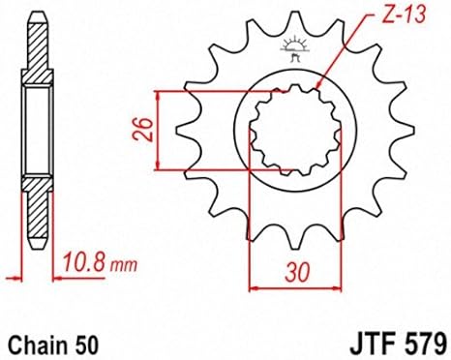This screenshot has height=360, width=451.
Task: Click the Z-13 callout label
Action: pyautogui.click(x=404, y=15)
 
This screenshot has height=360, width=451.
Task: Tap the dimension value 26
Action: pyautogui.click(x=142, y=130)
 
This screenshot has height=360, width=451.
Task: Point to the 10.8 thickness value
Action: pyautogui.click(x=83, y=262)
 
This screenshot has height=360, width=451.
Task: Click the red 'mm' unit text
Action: pyautogui.click(x=124, y=265)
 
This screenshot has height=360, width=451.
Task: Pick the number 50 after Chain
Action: pyautogui.click(x=86, y=345)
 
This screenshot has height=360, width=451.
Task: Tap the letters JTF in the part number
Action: pyautogui.click(x=374, y=345)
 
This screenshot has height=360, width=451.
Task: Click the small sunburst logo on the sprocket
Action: pyautogui.click(x=295, y=49)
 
